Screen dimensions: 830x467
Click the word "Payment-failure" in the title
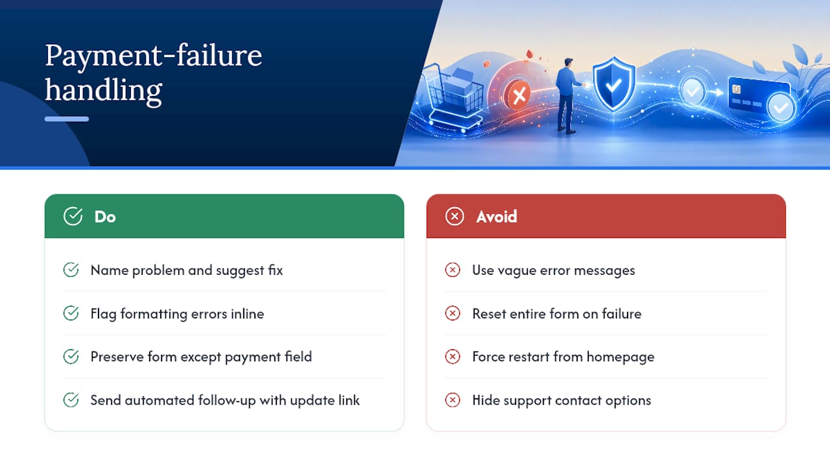(x=154, y=56)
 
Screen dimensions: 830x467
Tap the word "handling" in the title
(x=104, y=90)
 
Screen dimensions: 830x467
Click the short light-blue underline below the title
(x=67, y=119)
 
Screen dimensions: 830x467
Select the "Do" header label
(x=105, y=217)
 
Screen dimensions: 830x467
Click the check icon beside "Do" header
(x=73, y=216)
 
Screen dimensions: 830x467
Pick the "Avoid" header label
(x=497, y=217)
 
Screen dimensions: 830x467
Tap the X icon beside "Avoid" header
(x=455, y=217)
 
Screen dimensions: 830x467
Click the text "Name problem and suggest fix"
(x=186, y=270)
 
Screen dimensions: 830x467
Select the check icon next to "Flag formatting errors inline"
(x=71, y=313)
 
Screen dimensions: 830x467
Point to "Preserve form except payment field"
(x=201, y=357)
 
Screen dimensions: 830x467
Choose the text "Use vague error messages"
(x=554, y=270)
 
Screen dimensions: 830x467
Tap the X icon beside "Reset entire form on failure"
(x=453, y=313)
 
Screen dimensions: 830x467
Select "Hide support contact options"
(x=562, y=400)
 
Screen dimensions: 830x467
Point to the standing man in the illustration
(x=567, y=95)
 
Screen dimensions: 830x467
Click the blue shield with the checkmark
(x=613, y=84)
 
